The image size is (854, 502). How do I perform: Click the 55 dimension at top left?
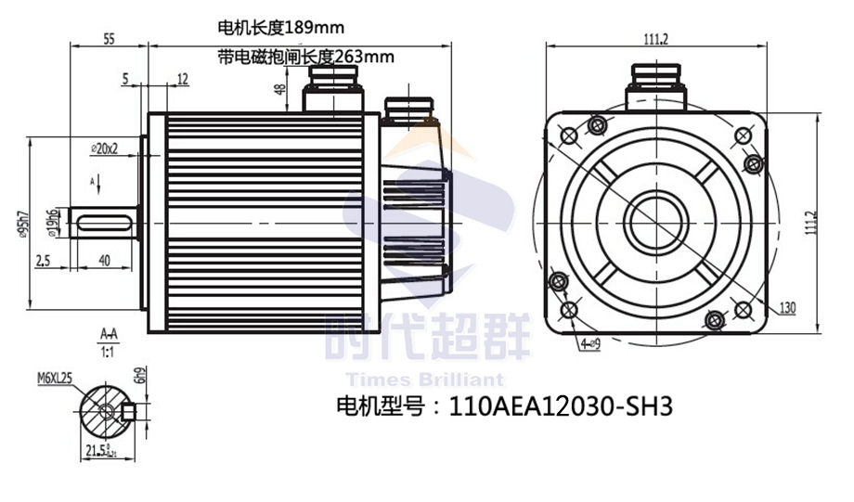coord(109,39)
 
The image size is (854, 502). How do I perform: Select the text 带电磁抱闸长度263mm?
coord(305,57)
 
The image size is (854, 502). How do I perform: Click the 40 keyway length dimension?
coord(104,261)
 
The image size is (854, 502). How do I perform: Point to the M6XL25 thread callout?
coord(55,378)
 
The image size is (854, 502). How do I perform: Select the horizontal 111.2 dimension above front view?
coord(655,39)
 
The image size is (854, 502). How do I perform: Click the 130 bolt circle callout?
coord(787,308)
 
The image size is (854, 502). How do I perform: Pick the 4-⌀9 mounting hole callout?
coord(587,343)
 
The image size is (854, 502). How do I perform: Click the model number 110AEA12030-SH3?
coord(559,405)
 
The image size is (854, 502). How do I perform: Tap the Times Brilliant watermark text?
coord(424,380)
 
